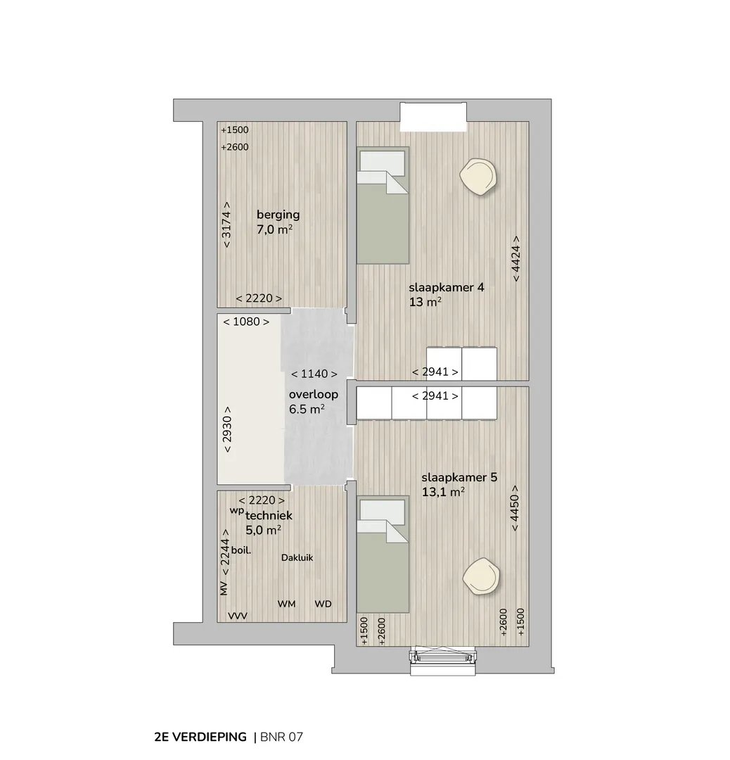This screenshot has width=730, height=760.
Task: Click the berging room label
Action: (278, 215)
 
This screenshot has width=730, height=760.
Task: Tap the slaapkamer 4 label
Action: (446, 287)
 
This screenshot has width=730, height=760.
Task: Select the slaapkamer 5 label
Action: (459, 477)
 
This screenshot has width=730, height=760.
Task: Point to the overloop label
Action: (314, 395)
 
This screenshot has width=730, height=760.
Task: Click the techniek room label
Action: (269, 516)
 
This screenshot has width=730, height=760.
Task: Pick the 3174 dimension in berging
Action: (226, 225)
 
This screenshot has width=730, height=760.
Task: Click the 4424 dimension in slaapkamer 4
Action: (516, 258)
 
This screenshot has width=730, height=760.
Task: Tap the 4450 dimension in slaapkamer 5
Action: (514, 508)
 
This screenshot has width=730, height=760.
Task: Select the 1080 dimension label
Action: (246, 322)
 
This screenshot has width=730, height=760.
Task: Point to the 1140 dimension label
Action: (314, 374)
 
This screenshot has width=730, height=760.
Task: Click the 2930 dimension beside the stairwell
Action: (226, 429)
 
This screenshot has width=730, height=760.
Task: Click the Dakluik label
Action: (297, 558)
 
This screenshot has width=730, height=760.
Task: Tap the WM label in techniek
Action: (286, 604)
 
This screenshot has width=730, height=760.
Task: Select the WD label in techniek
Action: (323, 604)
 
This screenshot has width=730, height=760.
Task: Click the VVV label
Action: (238, 616)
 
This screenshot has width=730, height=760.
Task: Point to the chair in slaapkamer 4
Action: (478, 178)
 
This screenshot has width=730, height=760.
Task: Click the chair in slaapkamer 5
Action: (481, 576)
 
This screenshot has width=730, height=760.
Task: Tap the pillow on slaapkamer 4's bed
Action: (382, 163)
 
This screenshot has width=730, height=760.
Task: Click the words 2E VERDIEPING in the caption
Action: (200, 737)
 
